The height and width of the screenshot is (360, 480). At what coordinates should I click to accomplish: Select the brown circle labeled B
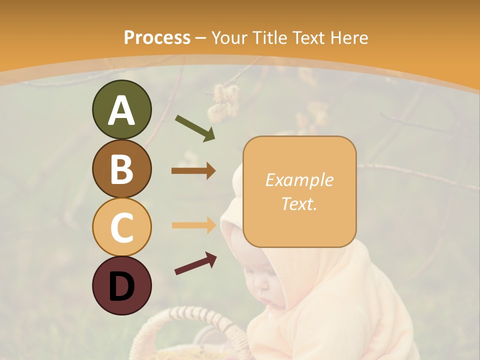pyautogui.click(x=121, y=168)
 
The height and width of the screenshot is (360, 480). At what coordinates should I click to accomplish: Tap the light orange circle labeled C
pyautogui.click(x=121, y=227)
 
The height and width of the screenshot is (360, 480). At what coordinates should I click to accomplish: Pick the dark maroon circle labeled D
pyautogui.click(x=121, y=285)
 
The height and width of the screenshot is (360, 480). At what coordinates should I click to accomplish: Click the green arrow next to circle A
pyautogui.click(x=195, y=128)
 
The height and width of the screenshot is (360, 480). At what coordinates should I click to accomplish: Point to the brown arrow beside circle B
pyautogui.click(x=193, y=171)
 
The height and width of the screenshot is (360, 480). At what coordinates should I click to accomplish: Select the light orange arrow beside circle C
pyautogui.click(x=193, y=225)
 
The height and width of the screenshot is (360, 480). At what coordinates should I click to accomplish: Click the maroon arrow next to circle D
pyautogui.click(x=195, y=263)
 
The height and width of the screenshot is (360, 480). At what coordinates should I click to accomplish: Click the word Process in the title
pyautogui.click(x=157, y=37)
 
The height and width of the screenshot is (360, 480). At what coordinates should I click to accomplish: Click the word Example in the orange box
pyautogui.click(x=299, y=180)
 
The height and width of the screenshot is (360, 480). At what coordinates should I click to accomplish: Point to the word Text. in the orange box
pyautogui.click(x=299, y=203)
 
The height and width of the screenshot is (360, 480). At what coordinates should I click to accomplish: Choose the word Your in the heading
pyautogui.click(x=230, y=37)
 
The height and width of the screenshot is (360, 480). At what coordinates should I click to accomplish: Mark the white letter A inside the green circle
pyautogui.click(x=121, y=110)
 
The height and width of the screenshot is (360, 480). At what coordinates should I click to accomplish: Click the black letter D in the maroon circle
pyautogui.click(x=121, y=286)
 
